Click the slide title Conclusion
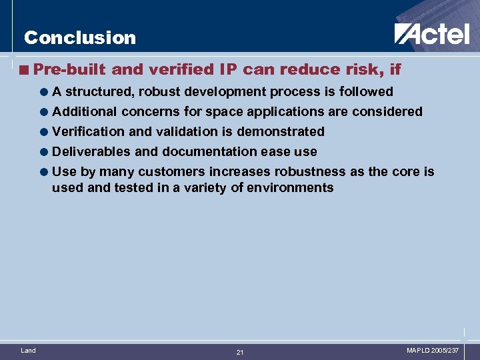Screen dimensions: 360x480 pos(79,38)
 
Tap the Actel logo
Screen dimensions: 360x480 pos(431,33)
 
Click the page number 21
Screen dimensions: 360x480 pos(240,352)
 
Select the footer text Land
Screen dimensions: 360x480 pos(29,350)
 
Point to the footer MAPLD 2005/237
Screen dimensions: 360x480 pos(433,350)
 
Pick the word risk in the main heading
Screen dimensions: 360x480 pos(360,69)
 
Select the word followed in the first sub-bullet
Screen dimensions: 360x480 pos(366,91)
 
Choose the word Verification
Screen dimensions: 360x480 pos(86,131)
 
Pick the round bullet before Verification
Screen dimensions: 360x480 pos(44,132)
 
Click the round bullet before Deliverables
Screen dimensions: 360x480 pos(44,152)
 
